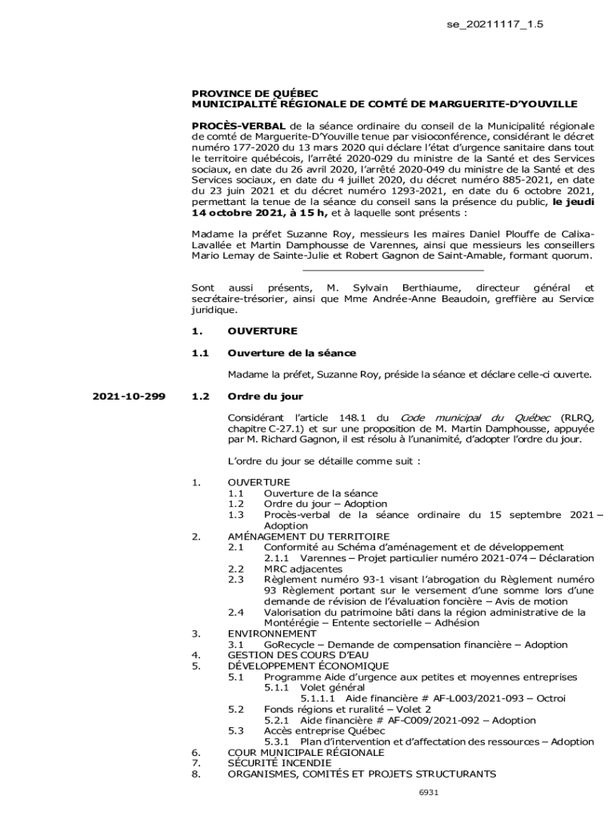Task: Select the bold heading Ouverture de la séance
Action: click(x=291, y=352)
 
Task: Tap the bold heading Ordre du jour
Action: click(x=265, y=396)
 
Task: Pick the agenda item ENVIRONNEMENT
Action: click(x=271, y=633)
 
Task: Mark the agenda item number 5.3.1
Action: click(x=278, y=742)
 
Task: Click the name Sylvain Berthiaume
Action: click(x=402, y=287)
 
